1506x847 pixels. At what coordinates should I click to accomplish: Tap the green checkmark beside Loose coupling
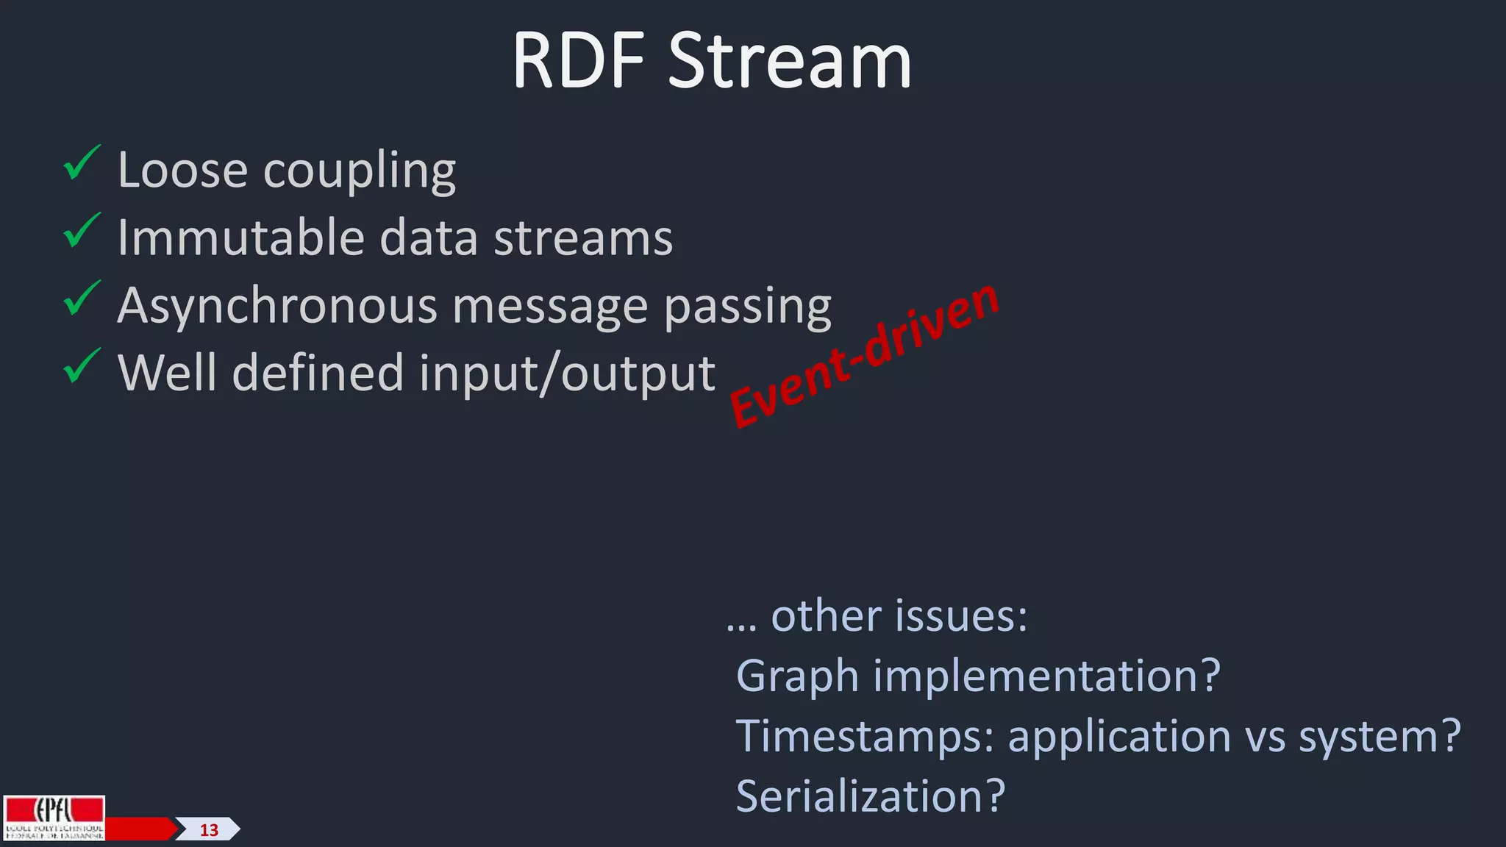coord(81,163)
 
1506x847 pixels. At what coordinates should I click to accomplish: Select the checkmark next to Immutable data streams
coord(81,231)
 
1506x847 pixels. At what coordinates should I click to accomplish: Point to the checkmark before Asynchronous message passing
coord(81,299)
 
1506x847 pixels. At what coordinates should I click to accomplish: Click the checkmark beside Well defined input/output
coord(81,366)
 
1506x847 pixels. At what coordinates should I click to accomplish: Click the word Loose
coord(182,170)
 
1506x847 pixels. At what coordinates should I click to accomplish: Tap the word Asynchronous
coord(277,305)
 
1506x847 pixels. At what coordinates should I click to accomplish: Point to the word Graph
coord(797,676)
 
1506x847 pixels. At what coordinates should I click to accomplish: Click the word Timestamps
coord(865,736)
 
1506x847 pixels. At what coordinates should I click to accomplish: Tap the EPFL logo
coord(54,817)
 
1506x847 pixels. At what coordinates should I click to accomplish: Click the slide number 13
coord(209,830)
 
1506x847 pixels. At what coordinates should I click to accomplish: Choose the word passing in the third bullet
coord(747,305)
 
